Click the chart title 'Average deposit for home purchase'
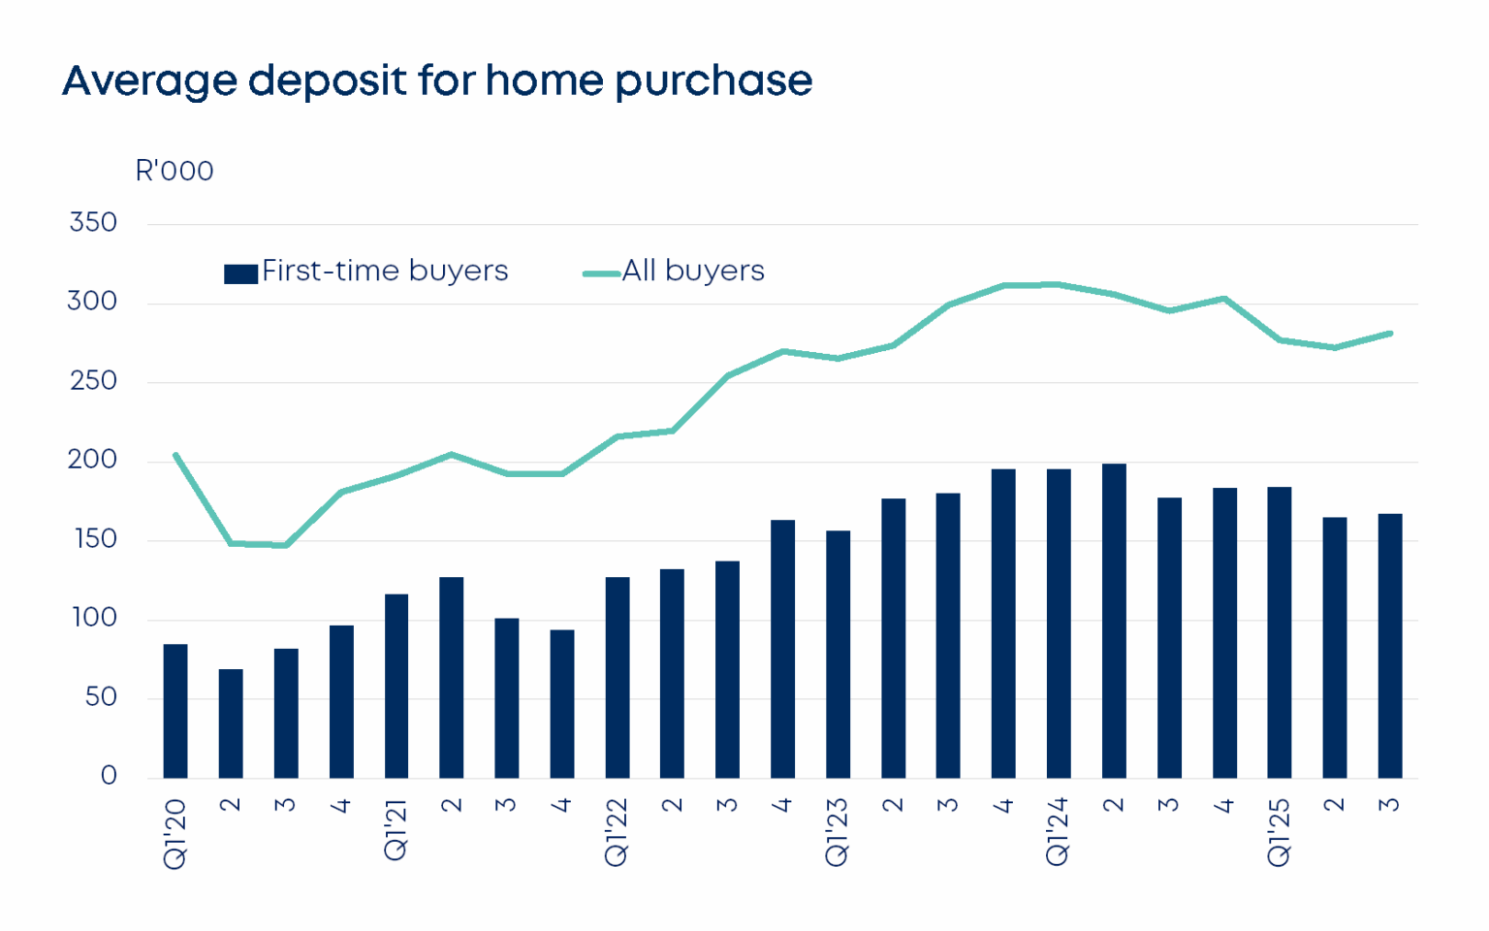(437, 80)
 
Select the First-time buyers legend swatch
(240, 273)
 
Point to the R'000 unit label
(174, 171)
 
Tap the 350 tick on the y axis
(93, 222)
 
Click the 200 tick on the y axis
(93, 460)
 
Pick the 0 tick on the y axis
(109, 776)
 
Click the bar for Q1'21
(396, 686)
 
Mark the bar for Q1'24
(1059, 624)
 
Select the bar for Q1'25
(1280, 632)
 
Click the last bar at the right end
(1390, 646)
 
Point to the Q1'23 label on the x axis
(837, 831)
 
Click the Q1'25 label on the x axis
(1279, 831)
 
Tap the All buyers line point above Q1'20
(175, 454)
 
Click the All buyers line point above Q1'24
(1059, 284)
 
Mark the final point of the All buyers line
(1390, 334)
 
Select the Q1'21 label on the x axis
(396, 829)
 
